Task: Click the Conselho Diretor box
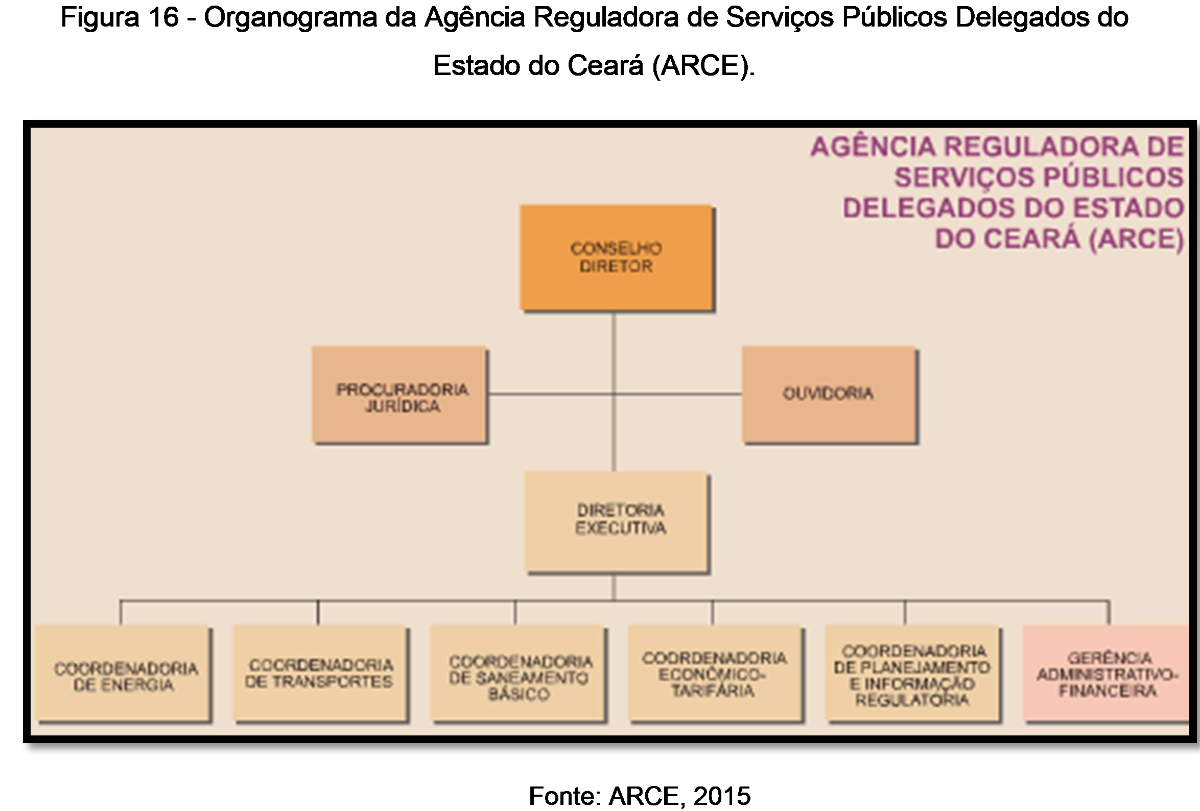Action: pos(616,257)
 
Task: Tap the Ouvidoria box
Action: pos(829,394)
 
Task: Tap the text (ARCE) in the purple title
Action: pos(1136,239)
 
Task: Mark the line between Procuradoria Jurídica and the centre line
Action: pos(550,394)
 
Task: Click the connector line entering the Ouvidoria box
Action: pos(677,394)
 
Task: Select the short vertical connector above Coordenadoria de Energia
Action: pos(121,613)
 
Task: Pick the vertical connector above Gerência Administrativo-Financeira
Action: pos(1108,613)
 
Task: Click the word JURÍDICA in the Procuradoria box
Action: pos(403,407)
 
